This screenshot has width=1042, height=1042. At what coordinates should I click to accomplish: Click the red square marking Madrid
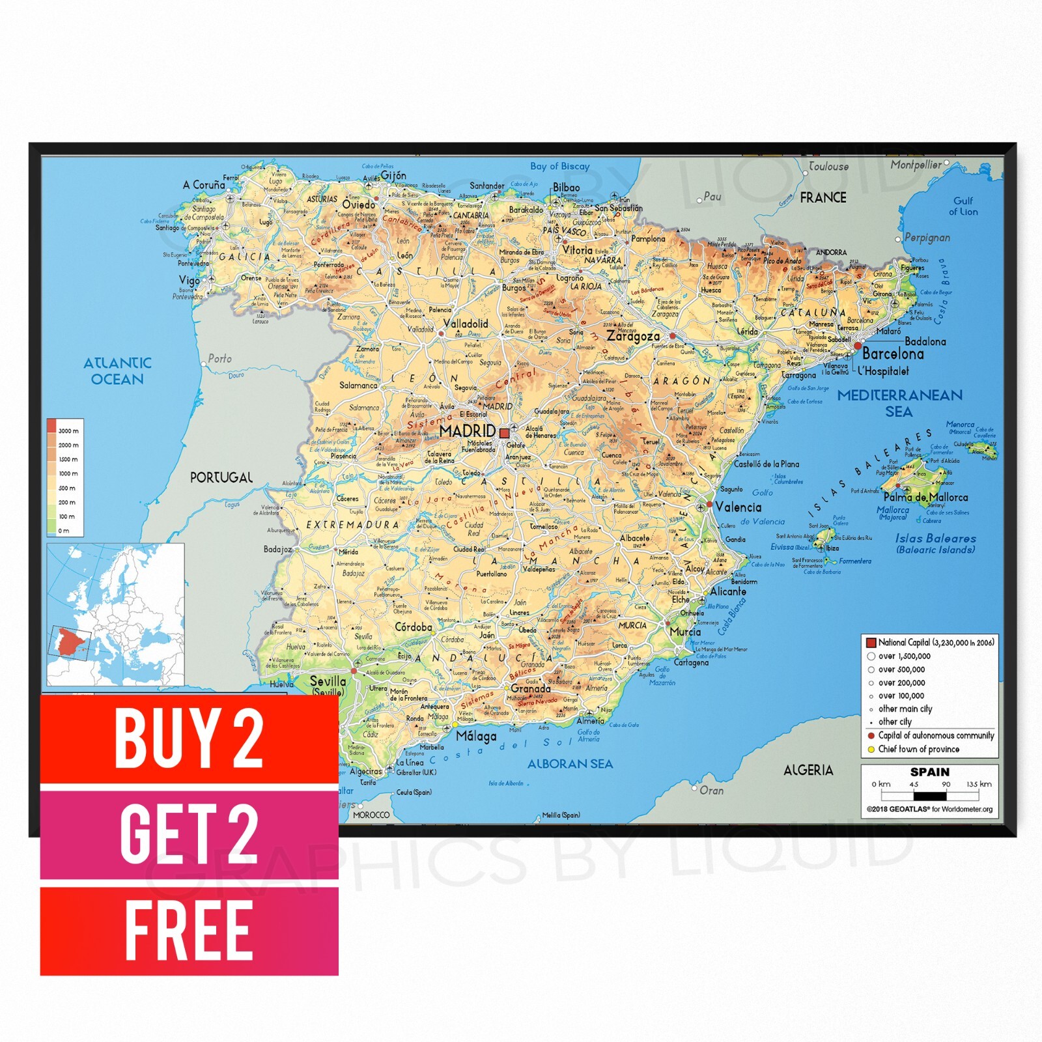[x=504, y=432]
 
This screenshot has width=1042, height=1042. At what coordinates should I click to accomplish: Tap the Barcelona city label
[x=893, y=354]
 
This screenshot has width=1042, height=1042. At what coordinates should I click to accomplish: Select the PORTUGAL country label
[x=221, y=477]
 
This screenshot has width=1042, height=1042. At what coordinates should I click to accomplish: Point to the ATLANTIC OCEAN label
[x=117, y=371]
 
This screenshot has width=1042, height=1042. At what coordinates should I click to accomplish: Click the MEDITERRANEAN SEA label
[x=899, y=403]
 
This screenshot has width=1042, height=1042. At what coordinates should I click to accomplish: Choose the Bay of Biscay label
[x=559, y=166]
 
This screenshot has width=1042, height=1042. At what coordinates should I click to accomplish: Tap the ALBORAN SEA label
[x=570, y=764]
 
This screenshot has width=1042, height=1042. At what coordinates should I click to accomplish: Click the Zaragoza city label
[x=633, y=336]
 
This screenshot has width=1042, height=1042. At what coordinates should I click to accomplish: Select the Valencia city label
[x=738, y=507]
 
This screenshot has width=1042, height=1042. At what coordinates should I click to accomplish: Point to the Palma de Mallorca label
[x=925, y=497]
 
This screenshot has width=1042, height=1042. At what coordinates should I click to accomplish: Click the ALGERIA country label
[x=808, y=770]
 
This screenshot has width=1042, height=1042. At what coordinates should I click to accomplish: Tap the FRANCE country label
[x=823, y=197]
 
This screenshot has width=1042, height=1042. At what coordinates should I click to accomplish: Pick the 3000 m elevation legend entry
[x=68, y=430]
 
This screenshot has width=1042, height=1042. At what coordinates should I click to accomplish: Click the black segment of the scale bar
[x=929, y=795]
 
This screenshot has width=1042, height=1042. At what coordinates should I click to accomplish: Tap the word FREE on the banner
[x=188, y=931]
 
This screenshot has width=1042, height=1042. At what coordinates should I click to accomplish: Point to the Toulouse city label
[x=828, y=167]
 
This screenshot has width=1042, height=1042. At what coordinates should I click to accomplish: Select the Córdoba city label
[x=414, y=627]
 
